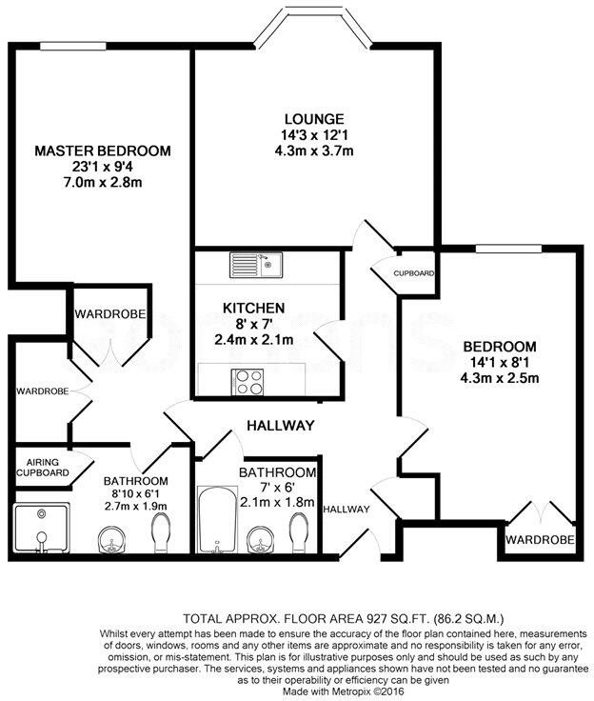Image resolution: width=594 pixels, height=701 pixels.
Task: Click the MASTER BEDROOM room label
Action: click(x=102, y=150)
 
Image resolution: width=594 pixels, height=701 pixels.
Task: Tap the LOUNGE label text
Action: click(x=295, y=118)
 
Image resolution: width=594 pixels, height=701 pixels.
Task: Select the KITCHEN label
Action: click(x=253, y=308)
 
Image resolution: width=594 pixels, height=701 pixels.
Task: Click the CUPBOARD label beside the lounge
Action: click(x=414, y=273)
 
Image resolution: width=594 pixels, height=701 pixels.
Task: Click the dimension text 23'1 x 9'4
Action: click(x=102, y=167)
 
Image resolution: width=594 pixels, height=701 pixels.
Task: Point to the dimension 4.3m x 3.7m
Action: click(x=295, y=150)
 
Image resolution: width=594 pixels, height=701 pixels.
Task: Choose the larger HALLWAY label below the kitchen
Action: click(x=280, y=426)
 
